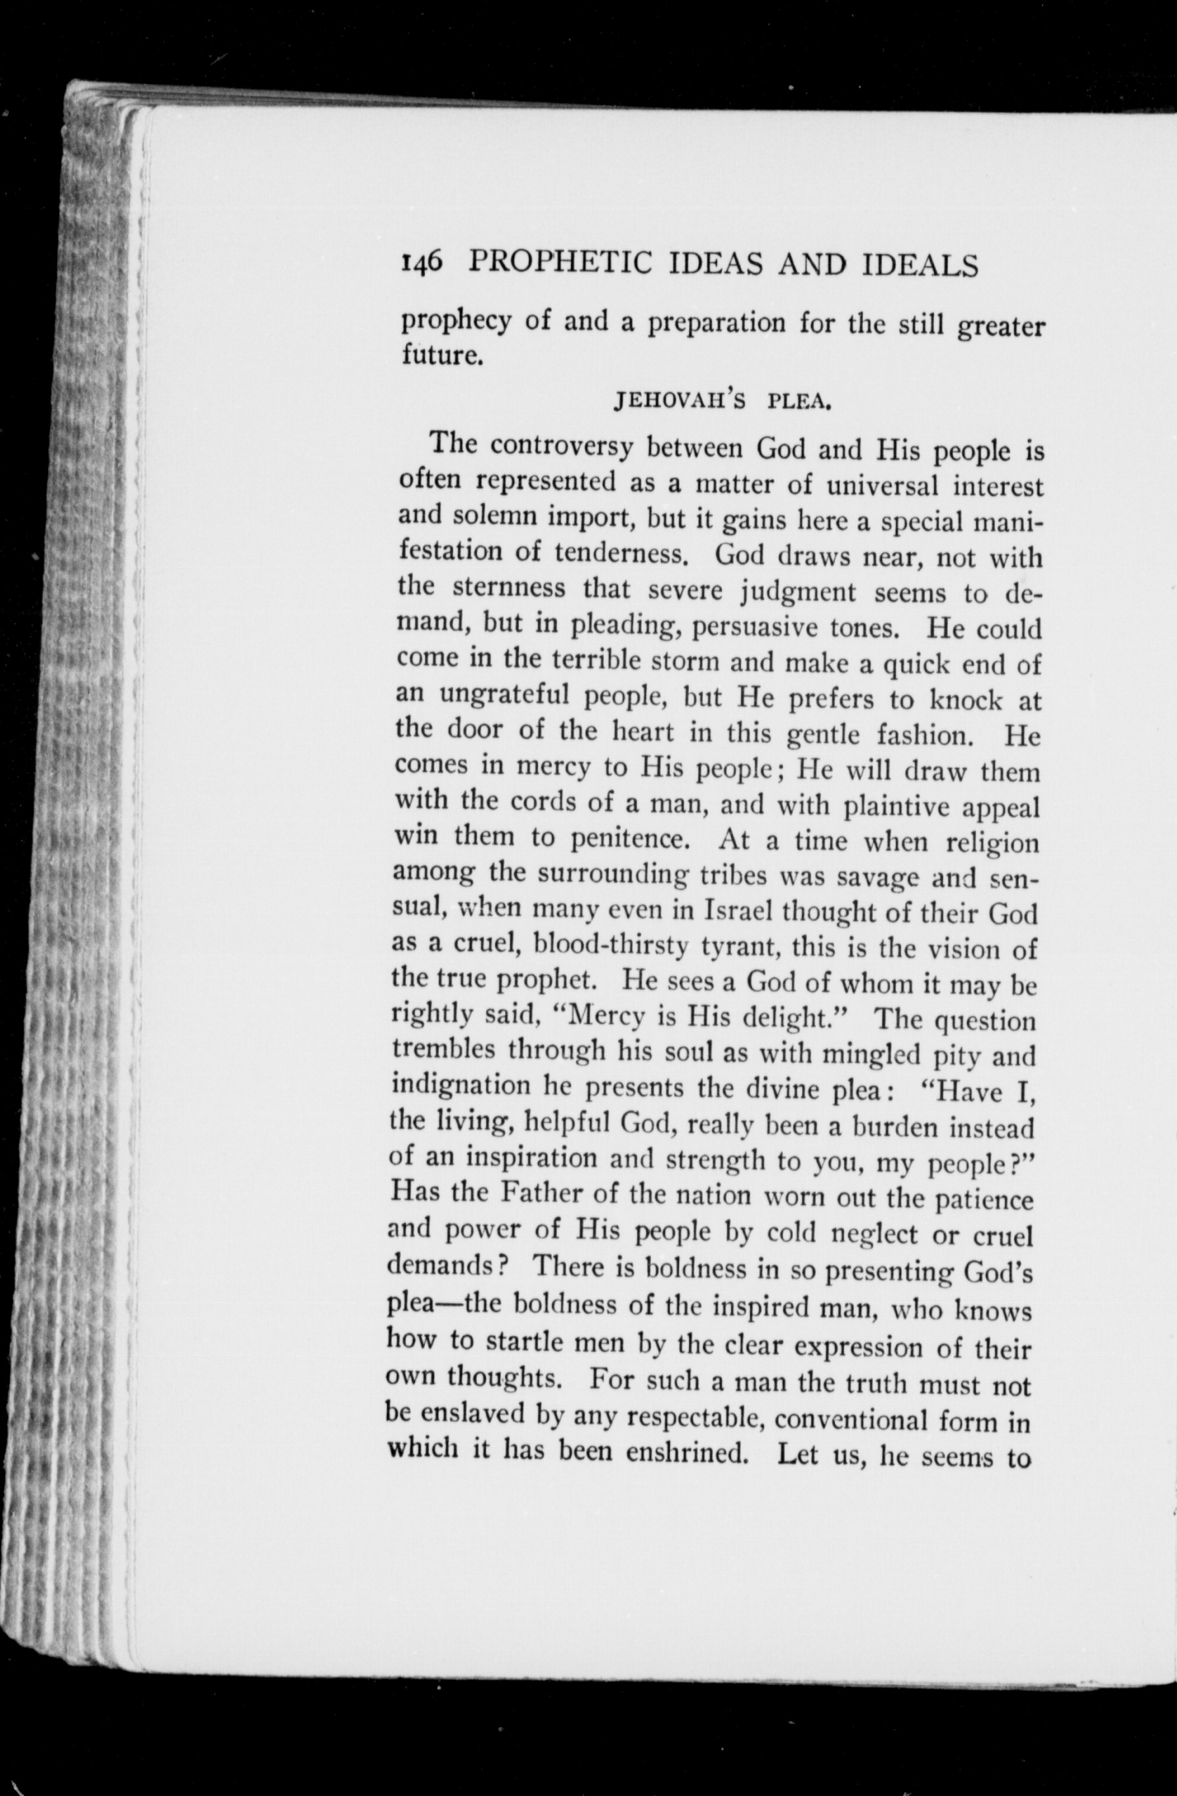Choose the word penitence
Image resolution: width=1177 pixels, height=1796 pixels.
pos(627,838)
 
